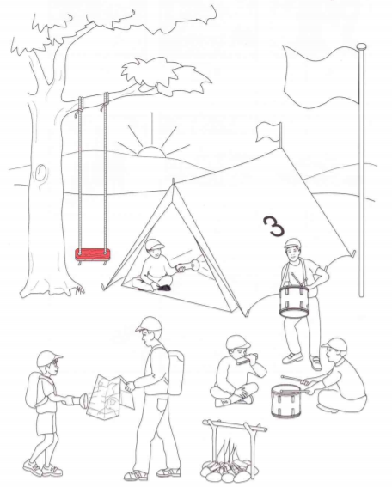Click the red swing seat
pos(92,255)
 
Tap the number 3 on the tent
pos(273,226)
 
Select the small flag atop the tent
pos(267,131)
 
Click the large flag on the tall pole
pos(322,76)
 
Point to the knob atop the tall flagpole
pos(362,47)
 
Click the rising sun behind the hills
pos(151,151)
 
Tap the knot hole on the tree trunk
pos(40,173)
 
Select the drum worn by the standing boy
pos(294,301)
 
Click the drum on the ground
pos(286,401)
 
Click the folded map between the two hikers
pos(110,396)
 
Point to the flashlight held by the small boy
pos(76,400)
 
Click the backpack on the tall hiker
pos(176,373)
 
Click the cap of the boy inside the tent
pos(154,244)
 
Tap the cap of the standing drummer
pos(292,243)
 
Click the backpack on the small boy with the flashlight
pos(34,391)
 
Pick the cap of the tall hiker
pos(150,324)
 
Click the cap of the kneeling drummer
pos(335,344)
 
